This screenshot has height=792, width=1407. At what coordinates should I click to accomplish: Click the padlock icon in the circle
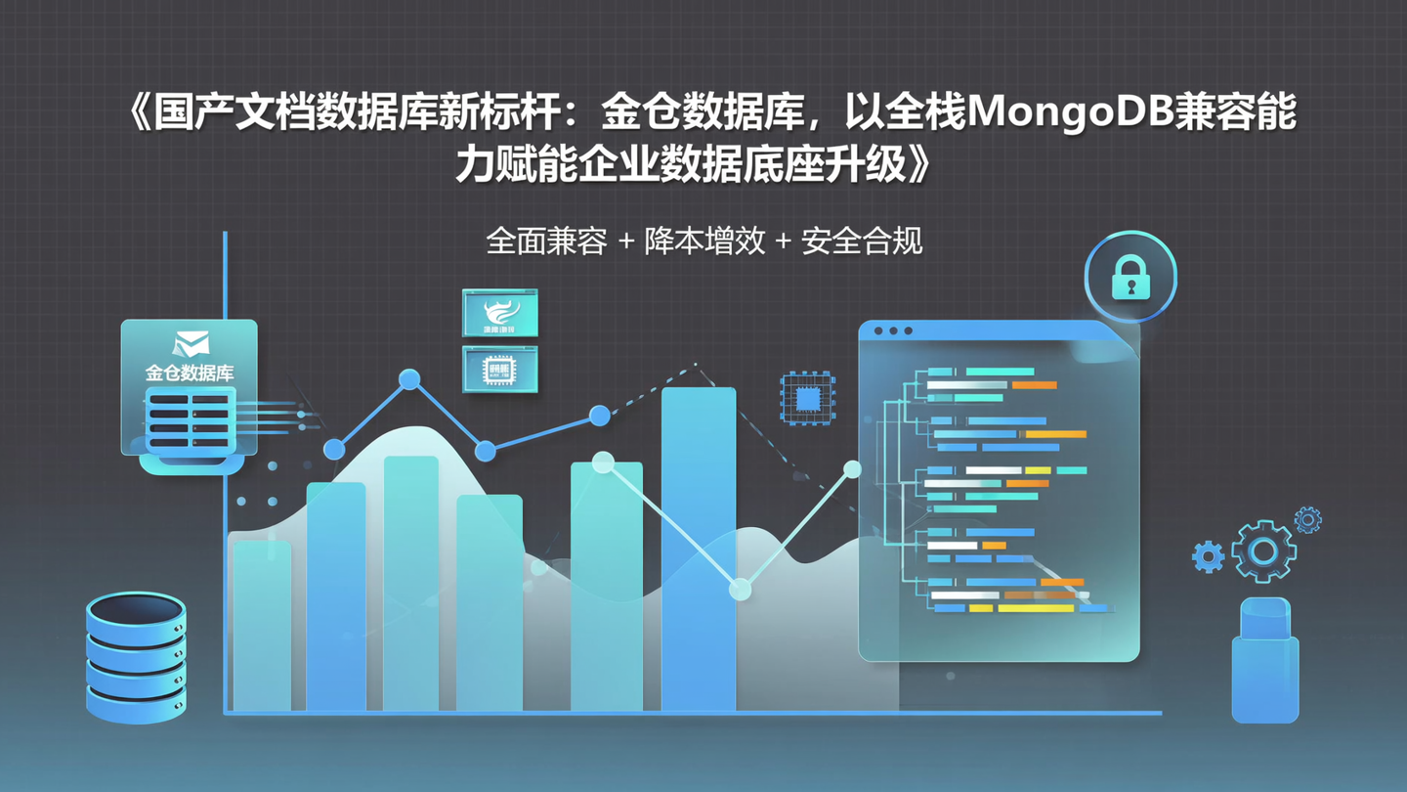pos(1130,279)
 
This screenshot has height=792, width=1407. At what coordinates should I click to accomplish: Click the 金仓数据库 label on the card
pos(190,373)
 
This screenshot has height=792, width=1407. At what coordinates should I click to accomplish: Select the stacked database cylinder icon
pos(136,656)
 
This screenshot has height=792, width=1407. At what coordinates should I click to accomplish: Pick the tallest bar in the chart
pos(698,548)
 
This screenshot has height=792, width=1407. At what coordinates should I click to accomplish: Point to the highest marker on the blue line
pos(409,379)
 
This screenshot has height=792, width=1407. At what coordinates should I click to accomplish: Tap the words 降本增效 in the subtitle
pos(703,242)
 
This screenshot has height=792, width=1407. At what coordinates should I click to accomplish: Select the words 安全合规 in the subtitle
pos(862,242)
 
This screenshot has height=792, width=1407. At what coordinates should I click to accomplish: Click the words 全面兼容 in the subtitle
pos(546,242)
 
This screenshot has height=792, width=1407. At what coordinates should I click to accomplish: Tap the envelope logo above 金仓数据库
pos(191,343)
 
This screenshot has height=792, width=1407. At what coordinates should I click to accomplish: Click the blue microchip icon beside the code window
pos(807,398)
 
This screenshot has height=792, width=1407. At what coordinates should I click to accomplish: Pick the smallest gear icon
pos(1307,519)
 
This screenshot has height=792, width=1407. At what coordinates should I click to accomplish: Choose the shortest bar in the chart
pos(262,626)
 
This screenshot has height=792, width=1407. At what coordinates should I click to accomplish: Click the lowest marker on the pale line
pos(741,590)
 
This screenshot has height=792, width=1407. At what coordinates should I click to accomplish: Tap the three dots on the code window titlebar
pos(893,331)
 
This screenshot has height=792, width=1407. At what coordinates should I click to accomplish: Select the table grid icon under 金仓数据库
pos(190,420)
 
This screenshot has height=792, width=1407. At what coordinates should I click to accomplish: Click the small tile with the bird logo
pos(499,313)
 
